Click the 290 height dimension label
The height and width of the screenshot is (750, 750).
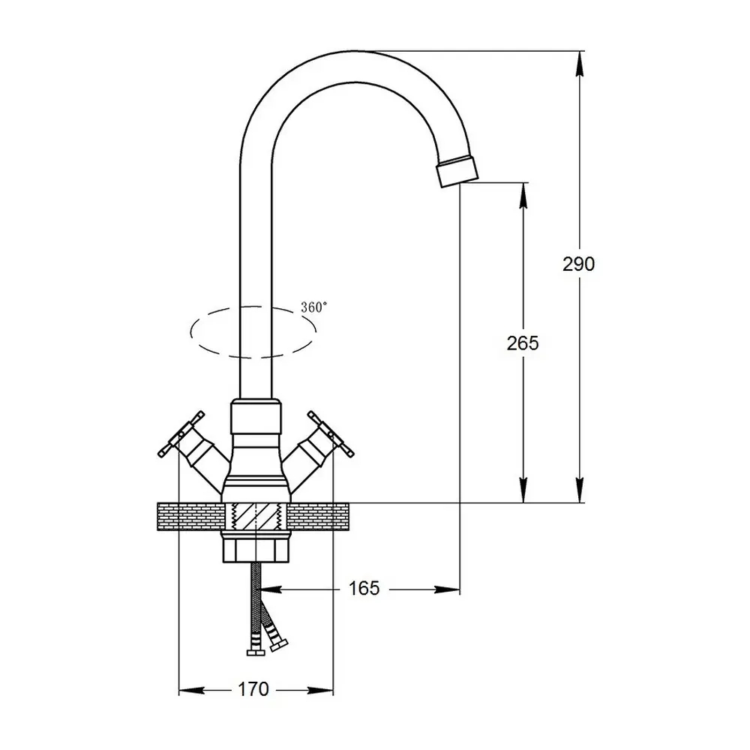[x=578, y=264]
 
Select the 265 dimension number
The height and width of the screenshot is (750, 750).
[x=523, y=343]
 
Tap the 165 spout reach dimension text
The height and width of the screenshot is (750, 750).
[x=364, y=588]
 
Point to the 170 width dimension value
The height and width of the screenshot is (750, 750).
[x=253, y=689]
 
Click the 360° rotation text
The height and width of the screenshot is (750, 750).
[x=314, y=307]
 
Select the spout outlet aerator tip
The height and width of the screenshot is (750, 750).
[x=457, y=171]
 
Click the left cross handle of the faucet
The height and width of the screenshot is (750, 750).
[x=181, y=433]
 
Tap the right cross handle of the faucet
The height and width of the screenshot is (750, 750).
[x=331, y=433]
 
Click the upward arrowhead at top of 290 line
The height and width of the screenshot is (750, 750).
[x=580, y=64]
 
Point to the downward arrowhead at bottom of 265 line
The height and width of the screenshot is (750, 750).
[x=524, y=490]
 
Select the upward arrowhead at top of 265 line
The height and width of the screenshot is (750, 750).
[x=524, y=195]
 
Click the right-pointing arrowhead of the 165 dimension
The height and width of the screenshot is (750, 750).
[x=447, y=589]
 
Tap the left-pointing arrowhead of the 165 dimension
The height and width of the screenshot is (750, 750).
[x=271, y=589]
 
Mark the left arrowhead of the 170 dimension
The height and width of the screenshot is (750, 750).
[x=191, y=690]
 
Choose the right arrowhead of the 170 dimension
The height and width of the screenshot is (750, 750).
[x=320, y=690]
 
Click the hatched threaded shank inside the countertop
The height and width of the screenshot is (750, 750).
[x=256, y=517]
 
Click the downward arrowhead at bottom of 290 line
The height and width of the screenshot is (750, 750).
[x=580, y=490]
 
